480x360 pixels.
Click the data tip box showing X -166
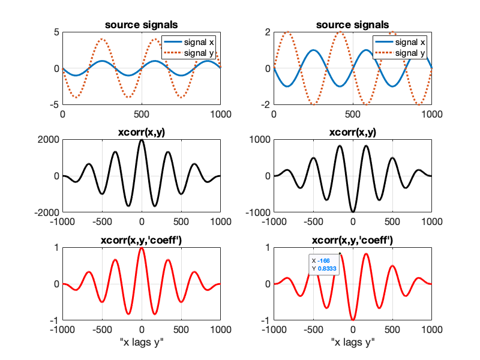coord(325,265)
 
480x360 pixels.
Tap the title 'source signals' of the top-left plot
coord(141,25)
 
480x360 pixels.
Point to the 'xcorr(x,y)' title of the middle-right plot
coord(353,133)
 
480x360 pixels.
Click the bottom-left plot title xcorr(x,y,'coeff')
coord(141,241)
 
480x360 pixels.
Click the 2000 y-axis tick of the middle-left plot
coord(48,140)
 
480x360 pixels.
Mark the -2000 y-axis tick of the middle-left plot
coord(46,212)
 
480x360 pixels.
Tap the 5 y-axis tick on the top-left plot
coord(56,32)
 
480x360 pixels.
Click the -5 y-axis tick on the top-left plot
coord(55,104)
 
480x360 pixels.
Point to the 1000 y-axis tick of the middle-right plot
coord(259,140)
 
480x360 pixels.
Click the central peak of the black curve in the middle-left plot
coord(142,140)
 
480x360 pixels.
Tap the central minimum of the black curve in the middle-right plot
coord(353,212)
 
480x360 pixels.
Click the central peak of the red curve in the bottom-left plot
coord(142,248)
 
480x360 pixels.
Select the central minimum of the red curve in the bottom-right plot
coord(353,320)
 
